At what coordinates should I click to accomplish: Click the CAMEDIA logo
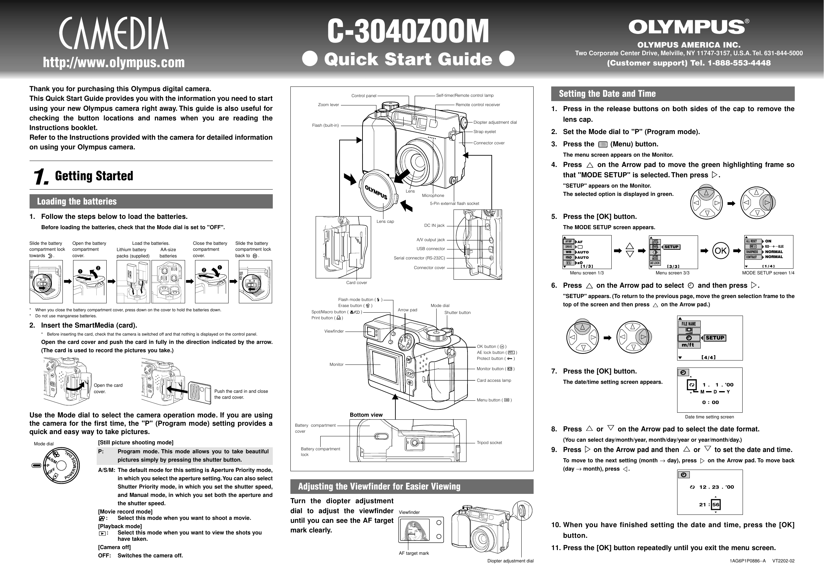(x=114, y=33)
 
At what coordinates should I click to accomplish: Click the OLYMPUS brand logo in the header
(x=688, y=27)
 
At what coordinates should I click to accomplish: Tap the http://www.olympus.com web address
(x=114, y=63)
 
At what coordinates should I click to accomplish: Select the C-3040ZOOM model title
(x=408, y=32)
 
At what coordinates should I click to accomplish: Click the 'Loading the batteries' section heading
(x=77, y=202)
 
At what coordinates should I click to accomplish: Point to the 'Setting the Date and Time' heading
(x=607, y=94)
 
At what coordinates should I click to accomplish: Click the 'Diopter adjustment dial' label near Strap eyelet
(x=495, y=122)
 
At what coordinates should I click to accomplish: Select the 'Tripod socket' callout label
(x=489, y=443)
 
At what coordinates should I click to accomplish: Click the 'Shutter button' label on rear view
(x=457, y=313)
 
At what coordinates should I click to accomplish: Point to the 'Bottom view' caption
(x=366, y=415)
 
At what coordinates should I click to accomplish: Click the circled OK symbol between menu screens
(x=720, y=251)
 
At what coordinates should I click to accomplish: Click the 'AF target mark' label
(x=414, y=553)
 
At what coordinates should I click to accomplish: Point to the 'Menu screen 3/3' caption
(x=672, y=273)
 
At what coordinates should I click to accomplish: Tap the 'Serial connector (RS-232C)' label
(x=419, y=258)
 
